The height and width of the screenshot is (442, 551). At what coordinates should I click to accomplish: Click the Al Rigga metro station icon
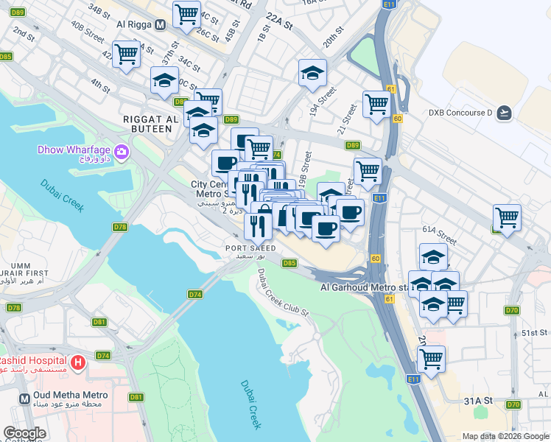click(x=160, y=24)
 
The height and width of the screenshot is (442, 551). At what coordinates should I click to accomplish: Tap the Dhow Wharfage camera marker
click(x=122, y=152)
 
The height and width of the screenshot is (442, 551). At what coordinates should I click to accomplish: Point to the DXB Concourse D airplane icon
click(x=504, y=113)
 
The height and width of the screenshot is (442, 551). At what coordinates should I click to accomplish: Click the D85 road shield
click(x=289, y=263)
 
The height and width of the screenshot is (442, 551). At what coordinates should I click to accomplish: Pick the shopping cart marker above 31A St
click(x=431, y=359)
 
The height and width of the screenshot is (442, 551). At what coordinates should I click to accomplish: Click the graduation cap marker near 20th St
click(x=312, y=72)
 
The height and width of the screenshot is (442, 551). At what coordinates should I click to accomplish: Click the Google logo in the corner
click(x=24, y=434)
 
